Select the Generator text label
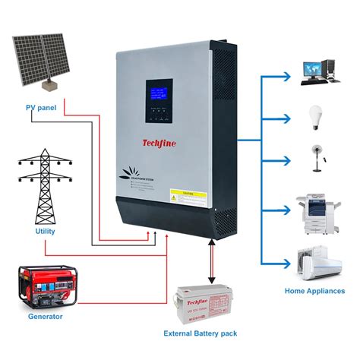click(x=46, y=316)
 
